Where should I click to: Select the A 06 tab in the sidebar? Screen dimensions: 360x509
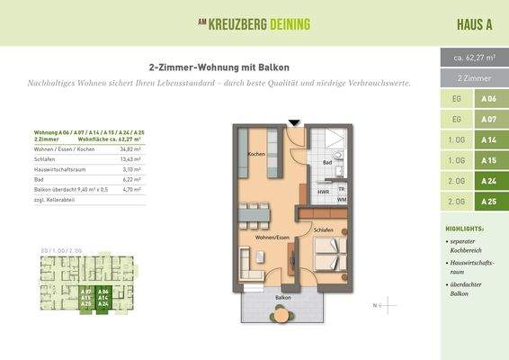coord(488,99)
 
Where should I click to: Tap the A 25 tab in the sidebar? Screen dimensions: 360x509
coord(488,202)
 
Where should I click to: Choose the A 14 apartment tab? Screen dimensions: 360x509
coord(488,139)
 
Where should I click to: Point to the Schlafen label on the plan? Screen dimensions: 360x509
coord(325,230)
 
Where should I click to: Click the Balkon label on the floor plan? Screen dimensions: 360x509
coord(283,297)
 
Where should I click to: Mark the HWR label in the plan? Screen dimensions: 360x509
coord(322,192)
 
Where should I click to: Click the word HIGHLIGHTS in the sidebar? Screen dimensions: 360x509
coord(464,229)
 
